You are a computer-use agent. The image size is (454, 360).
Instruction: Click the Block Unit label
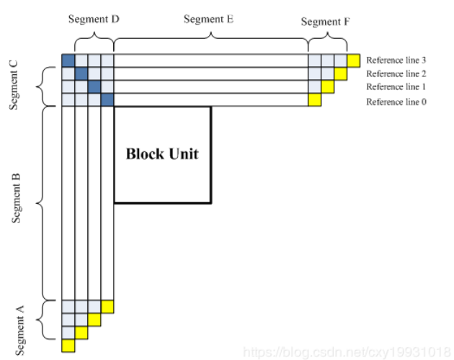coord(161,153)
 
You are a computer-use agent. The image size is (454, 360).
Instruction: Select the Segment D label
coord(94,19)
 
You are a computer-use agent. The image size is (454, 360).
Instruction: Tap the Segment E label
coord(208,19)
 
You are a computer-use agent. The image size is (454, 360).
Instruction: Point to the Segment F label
coord(326,22)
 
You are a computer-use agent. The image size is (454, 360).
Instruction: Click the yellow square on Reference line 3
coord(354,60)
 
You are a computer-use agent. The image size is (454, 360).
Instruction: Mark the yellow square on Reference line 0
coord(314,100)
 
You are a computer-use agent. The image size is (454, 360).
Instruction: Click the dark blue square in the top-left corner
coord(68,60)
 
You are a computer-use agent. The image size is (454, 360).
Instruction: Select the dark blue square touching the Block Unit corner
coord(107,100)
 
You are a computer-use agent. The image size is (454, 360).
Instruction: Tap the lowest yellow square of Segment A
coord(68,346)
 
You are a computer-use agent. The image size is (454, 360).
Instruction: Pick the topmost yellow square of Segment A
coord(107,307)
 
